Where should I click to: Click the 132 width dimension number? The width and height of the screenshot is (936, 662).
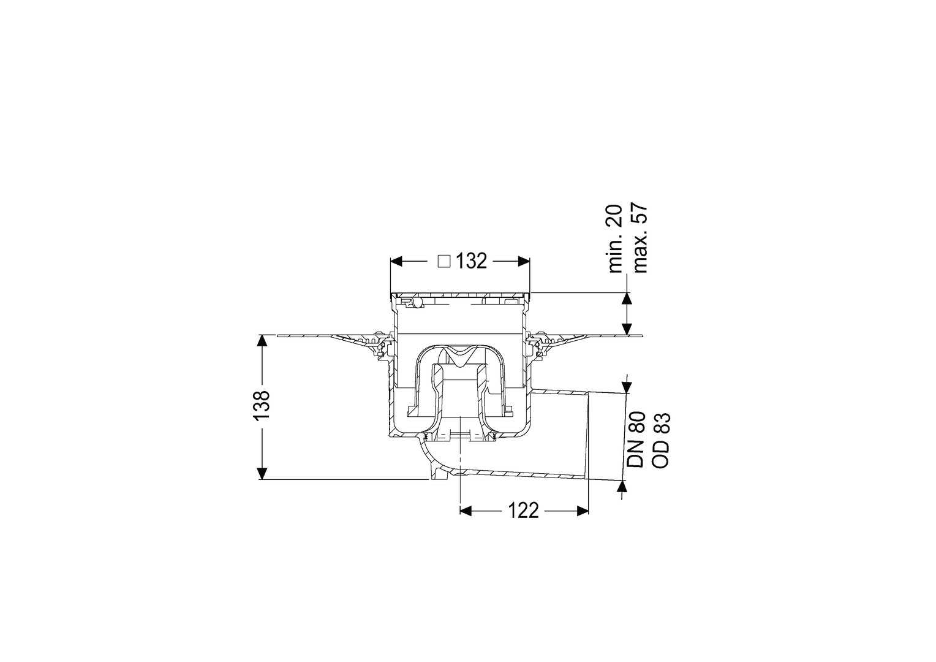pyautogui.click(x=471, y=261)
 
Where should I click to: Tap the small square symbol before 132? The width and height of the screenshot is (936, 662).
pyautogui.click(x=444, y=262)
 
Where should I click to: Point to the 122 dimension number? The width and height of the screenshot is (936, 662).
pyautogui.click(x=524, y=511)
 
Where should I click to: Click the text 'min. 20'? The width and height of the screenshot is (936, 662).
pyautogui.click(x=616, y=239)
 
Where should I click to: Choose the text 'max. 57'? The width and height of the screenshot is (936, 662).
pyautogui.click(x=640, y=238)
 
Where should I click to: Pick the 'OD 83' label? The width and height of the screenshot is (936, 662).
pyautogui.click(x=661, y=440)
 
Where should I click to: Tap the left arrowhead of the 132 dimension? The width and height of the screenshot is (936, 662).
pyautogui.click(x=396, y=262)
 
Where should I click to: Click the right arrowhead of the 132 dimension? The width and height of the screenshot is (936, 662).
pyautogui.click(x=524, y=262)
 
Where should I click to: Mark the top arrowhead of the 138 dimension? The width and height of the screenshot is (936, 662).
pyautogui.click(x=262, y=341)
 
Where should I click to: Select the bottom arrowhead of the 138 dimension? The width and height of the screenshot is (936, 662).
pyautogui.click(x=262, y=473)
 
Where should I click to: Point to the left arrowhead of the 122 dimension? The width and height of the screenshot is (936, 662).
pyautogui.click(x=466, y=511)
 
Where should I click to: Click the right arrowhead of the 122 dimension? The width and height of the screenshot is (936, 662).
pyautogui.click(x=583, y=511)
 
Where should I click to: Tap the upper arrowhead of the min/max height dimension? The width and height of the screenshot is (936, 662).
pyautogui.click(x=627, y=299)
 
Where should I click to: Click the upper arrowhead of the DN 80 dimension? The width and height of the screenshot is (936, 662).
pyautogui.click(x=627, y=387)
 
